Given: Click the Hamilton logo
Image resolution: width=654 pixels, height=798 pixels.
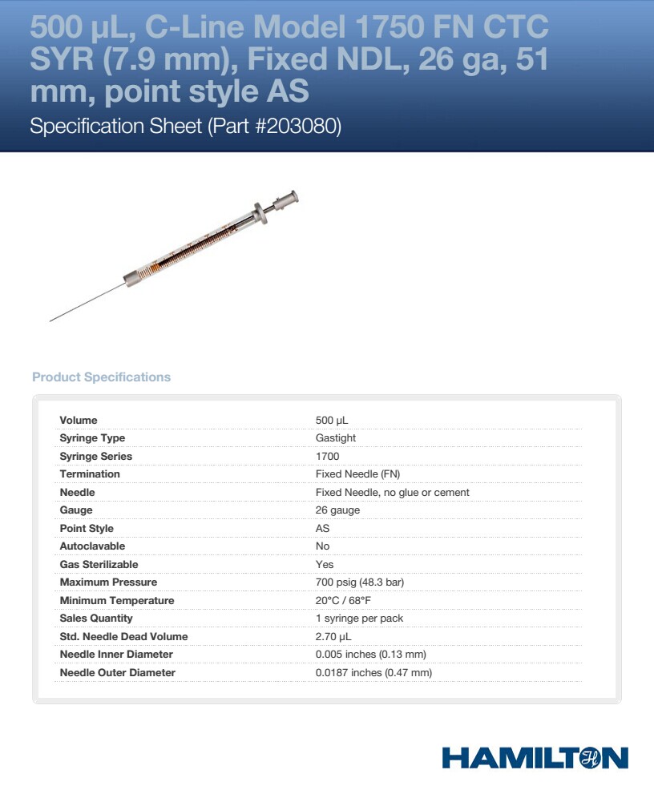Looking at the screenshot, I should [535, 758].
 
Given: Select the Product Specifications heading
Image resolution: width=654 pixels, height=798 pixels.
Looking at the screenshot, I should [101, 377].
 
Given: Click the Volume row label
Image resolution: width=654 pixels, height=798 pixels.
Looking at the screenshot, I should [79, 420].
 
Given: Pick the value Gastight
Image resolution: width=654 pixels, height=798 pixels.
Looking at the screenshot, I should [336, 438].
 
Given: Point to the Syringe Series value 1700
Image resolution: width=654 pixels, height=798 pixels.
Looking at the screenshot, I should [327, 456].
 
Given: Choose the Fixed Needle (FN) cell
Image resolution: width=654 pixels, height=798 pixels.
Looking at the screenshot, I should [357, 474].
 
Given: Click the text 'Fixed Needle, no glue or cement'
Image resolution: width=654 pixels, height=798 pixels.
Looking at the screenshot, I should [392, 492].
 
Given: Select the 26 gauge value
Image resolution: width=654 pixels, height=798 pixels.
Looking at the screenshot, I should [337, 510].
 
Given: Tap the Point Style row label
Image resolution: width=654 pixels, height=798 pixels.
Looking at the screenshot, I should [87, 528].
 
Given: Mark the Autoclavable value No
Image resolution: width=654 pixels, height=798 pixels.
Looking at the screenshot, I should [323, 546].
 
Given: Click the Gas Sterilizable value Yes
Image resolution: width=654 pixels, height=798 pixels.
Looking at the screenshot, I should [325, 564].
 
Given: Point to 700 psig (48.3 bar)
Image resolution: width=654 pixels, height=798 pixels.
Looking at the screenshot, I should [360, 582].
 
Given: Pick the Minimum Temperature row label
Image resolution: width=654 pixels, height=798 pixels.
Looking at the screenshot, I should [117, 600].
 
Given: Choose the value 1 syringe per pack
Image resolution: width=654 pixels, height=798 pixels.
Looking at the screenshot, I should [359, 619].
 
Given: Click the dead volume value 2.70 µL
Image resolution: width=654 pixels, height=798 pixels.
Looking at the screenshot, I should [333, 636].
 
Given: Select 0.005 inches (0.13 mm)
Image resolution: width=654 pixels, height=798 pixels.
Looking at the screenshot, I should [370, 655].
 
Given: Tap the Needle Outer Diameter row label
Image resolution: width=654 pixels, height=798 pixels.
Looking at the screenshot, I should [118, 672].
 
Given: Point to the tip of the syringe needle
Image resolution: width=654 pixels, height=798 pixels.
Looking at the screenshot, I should [50, 321].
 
